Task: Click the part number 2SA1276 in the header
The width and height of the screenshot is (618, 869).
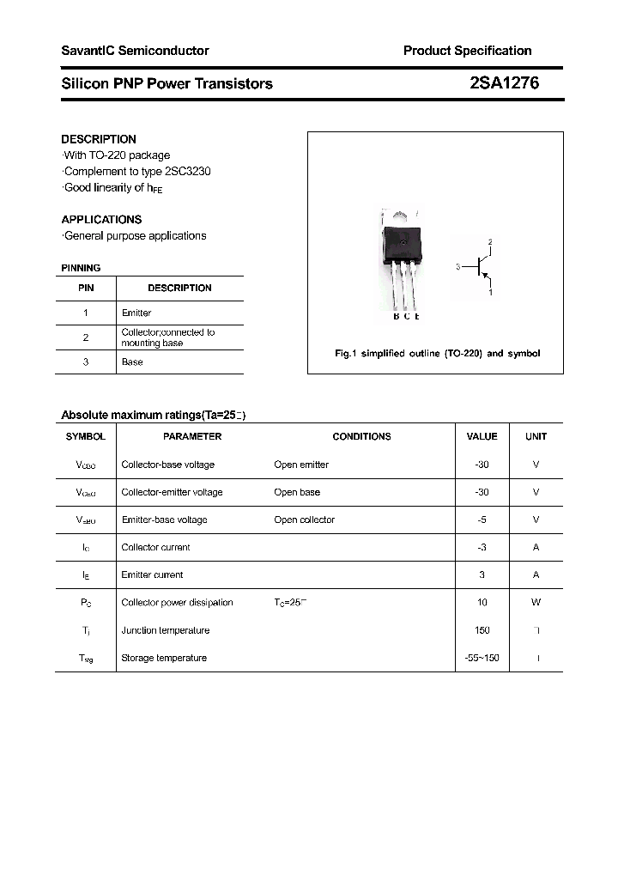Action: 505,83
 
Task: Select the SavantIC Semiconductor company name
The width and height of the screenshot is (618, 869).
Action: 135,51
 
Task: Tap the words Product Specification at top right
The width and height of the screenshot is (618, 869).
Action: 467,51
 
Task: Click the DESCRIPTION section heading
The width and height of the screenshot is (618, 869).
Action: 99,139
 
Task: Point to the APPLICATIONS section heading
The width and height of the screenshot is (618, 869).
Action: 101,219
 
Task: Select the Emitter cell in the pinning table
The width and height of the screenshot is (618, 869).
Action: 136,313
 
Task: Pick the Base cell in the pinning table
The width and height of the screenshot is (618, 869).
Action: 132,362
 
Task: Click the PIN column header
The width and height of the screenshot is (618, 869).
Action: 86,289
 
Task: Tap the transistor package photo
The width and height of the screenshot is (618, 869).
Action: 402,258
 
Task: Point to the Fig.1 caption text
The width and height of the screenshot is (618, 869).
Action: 437,354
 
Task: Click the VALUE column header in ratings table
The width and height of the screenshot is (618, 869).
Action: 482,436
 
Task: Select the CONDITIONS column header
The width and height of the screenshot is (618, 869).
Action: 361,436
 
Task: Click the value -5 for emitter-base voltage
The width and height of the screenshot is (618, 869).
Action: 482,520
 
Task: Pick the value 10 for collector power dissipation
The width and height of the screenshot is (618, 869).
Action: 482,603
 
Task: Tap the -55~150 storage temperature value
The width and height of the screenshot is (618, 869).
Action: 482,658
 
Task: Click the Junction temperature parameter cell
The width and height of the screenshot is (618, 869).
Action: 166,630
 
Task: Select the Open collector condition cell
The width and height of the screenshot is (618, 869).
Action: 304,520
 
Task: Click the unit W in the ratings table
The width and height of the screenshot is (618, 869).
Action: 536,603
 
